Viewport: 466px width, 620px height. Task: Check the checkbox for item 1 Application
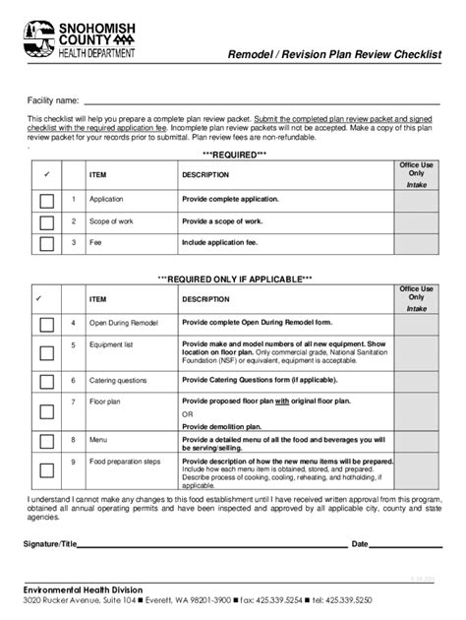[46, 200]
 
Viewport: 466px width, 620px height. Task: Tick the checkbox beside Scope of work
[46, 222]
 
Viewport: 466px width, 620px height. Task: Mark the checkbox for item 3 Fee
[46, 243]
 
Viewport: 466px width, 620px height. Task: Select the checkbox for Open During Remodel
[46, 324]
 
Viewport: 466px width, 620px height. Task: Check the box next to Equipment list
[46, 350]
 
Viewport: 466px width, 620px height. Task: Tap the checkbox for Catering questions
[46, 379]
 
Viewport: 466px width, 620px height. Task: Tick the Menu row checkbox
[46, 442]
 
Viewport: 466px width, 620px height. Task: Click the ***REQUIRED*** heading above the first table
[234, 155]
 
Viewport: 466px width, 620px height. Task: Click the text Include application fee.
[221, 242]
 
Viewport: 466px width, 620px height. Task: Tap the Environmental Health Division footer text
[85, 588]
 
